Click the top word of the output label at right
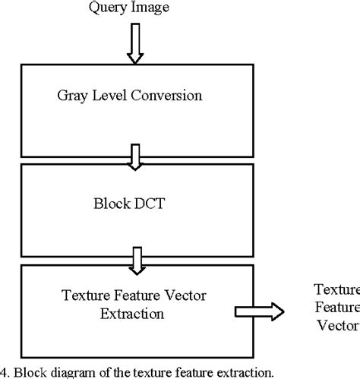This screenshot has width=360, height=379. pos(337,290)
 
